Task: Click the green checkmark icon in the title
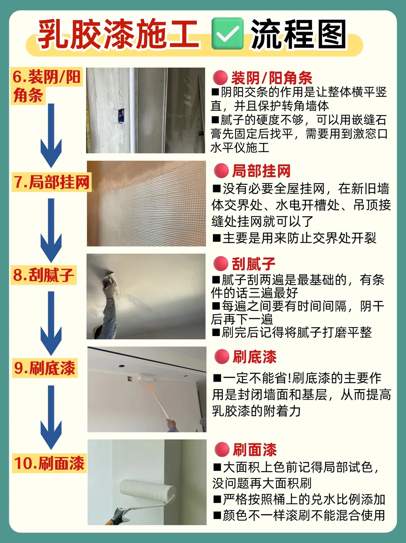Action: (227, 33)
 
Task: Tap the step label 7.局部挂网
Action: (52, 183)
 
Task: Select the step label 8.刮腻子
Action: (44, 275)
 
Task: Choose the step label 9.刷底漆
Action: (45, 368)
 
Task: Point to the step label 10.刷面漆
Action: (49, 463)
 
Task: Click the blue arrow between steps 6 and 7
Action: (51, 135)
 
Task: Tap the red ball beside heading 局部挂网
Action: (221, 171)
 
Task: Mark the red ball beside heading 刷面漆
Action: (222, 450)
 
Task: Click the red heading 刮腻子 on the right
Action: (253, 264)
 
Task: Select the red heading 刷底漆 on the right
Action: (254, 357)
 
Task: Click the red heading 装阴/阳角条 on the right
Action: (272, 78)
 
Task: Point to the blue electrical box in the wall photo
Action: (121, 115)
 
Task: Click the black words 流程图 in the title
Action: (299, 34)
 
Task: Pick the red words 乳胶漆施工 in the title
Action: (118, 34)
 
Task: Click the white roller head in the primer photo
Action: (146, 379)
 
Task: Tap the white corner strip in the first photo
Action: (132, 110)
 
